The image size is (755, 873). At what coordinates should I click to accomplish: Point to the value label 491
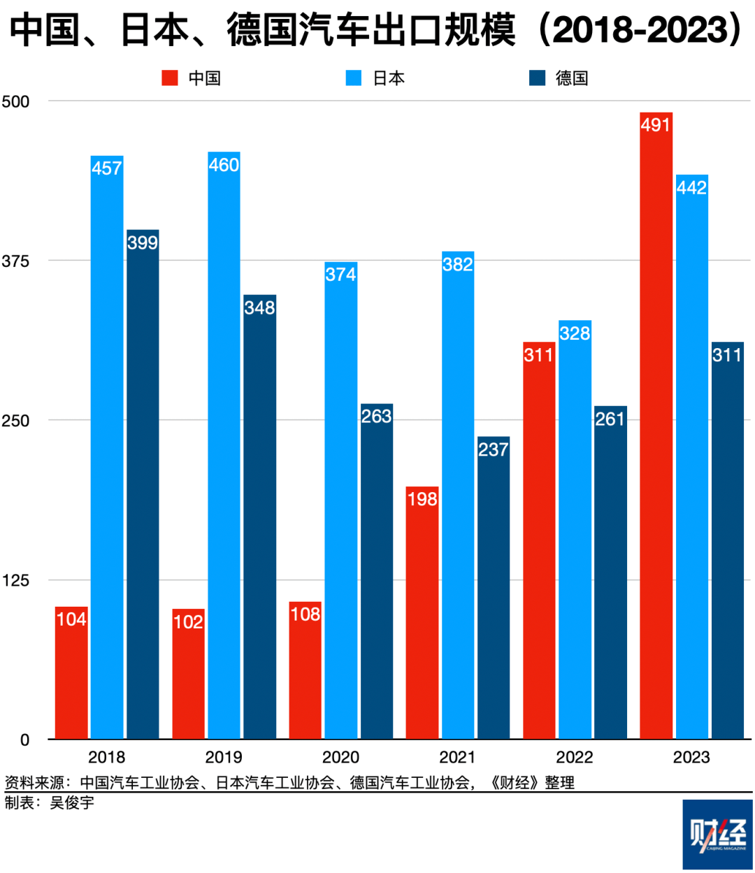coord(656,125)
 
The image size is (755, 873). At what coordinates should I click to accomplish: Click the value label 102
coord(188,622)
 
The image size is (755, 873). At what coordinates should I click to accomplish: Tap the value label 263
coord(376,417)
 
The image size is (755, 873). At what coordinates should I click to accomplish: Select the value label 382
coord(458,264)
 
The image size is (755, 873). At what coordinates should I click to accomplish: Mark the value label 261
coord(610,419)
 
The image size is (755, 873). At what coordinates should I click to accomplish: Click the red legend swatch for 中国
coord(170,78)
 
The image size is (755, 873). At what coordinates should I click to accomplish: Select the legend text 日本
coord(389,78)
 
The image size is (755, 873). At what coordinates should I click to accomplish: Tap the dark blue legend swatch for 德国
coord(537,78)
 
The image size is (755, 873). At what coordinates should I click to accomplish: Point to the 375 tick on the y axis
coord(15,261)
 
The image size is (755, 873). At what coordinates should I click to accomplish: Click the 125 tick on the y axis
coord(15,580)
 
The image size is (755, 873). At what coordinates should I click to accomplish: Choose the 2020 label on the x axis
coord(340,758)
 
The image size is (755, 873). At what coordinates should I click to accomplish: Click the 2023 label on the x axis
coord(691,758)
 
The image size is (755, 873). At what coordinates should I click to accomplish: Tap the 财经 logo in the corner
coord(717,834)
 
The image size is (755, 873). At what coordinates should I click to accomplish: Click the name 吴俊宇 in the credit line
coord(72,803)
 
